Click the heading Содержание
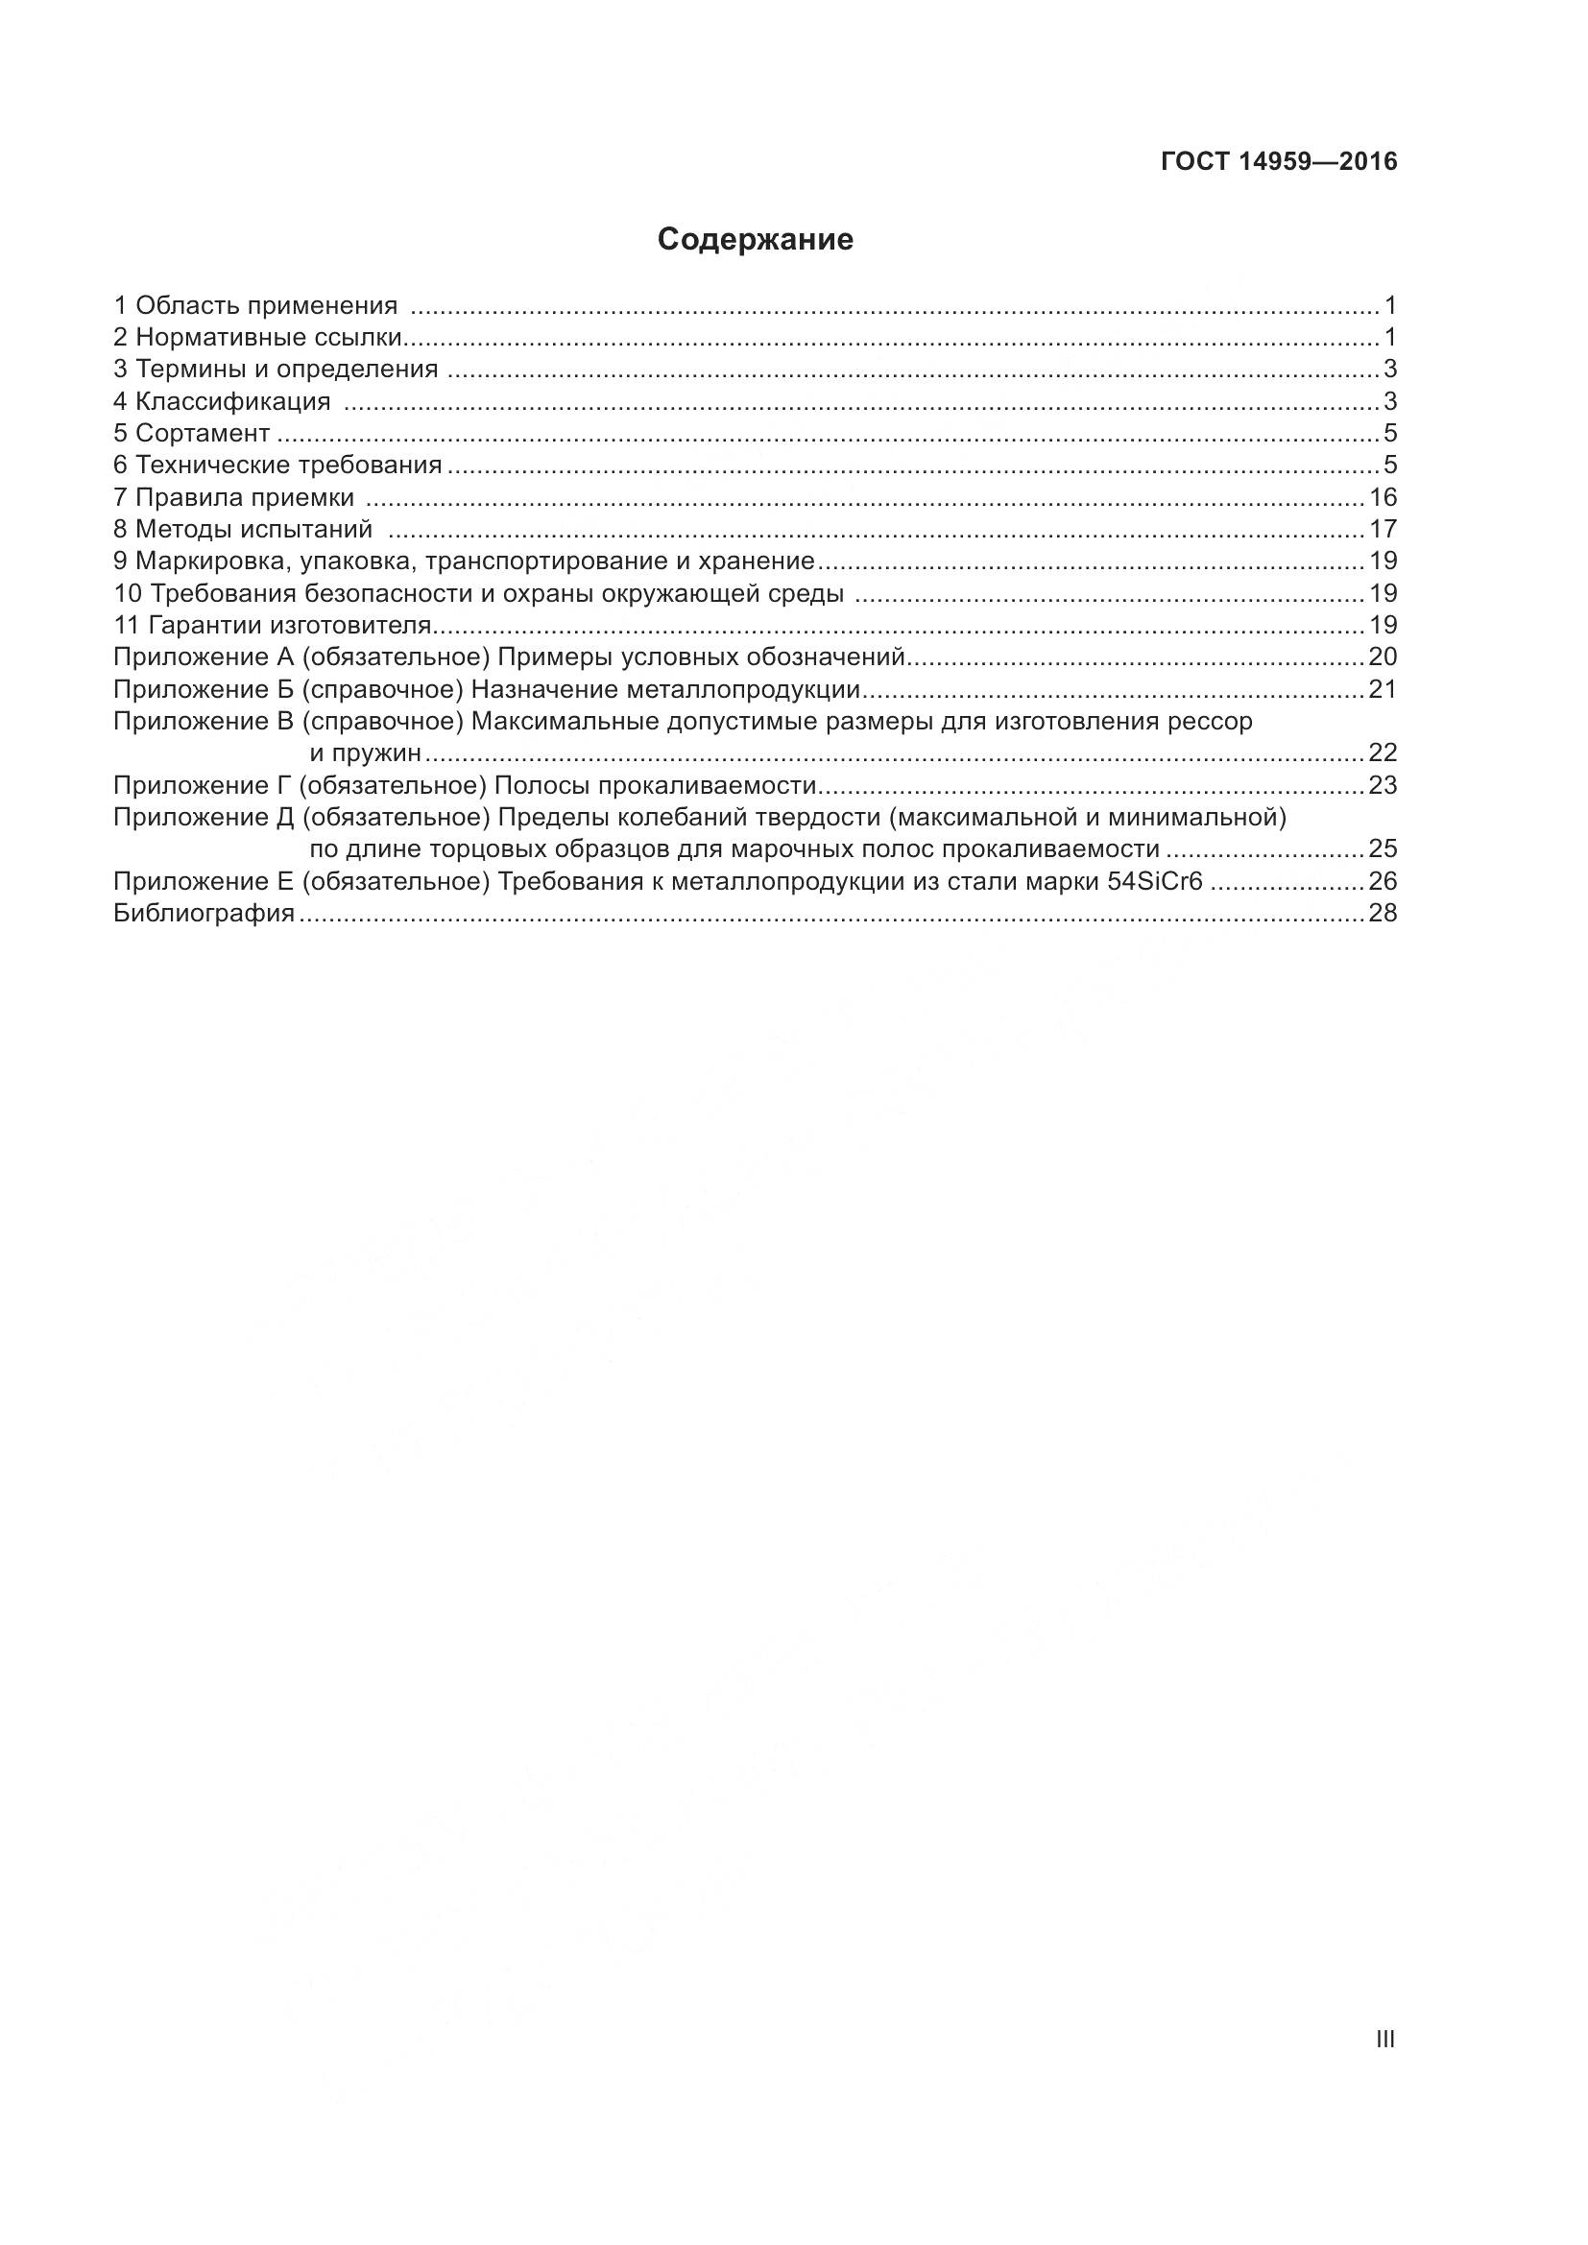pyautogui.click(x=755, y=240)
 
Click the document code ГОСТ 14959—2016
pyautogui.click(x=1279, y=162)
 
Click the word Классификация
pyautogui.click(x=232, y=402)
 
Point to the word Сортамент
pyautogui.click(x=203, y=433)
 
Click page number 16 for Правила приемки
pyautogui.click(x=1383, y=498)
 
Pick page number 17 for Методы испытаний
pyautogui.click(x=1383, y=530)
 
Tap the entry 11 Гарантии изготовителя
pyautogui.click(x=273, y=625)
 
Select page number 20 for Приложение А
pyautogui.click(x=1383, y=657)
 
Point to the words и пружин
pyautogui.click(x=366, y=752)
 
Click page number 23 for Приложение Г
pyautogui.click(x=1383, y=786)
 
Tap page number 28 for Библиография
pyautogui.click(x=1383, y=913)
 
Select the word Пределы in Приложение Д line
pyautogui.click(x=540, y=818)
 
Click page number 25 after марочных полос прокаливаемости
pyautogui.click(x=1383, y=848)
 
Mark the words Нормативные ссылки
pyautogui.click(x=269, y=338)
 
